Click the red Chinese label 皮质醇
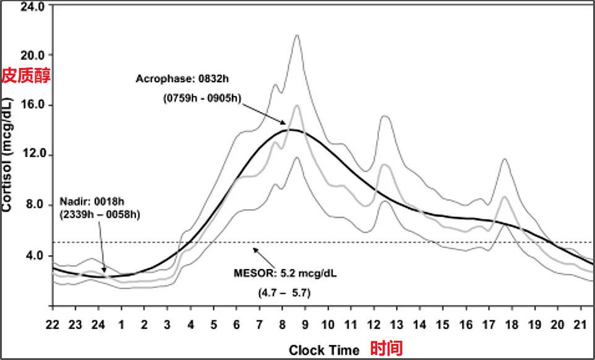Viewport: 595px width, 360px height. tap(25, 75)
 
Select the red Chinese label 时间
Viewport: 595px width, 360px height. tap(386, 349)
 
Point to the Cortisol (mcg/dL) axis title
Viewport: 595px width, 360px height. tap(7, 155)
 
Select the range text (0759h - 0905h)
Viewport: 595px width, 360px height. tap(202, 98)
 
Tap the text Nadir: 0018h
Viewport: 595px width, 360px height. tap(91, 201)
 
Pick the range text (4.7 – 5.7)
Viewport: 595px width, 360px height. tap(285, 293)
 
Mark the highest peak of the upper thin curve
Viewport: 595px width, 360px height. tap(297, 36)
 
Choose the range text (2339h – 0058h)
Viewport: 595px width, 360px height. tap(99, 215)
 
